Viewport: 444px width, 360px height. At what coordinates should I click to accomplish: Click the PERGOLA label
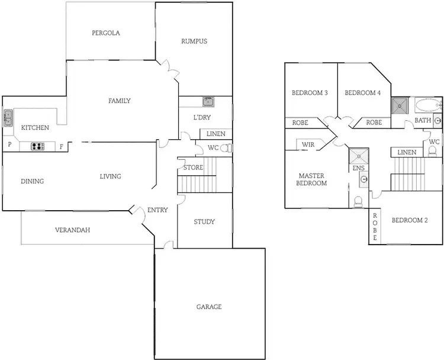coord(106,33)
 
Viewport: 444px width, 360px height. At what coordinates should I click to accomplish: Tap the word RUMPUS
coord(194,41)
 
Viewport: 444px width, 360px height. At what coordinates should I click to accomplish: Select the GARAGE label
coord(209,307)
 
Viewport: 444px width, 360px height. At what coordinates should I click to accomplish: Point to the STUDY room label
coord(204,222)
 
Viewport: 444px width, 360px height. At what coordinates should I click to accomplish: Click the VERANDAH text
coord(72,230)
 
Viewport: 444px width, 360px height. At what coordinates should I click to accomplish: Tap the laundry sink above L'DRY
coord(208,101)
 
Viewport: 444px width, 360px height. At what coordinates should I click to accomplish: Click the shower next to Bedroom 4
coord(400,105)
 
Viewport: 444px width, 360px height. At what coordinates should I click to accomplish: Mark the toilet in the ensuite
coord(358,202)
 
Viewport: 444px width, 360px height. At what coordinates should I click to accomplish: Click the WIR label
coord(308,144)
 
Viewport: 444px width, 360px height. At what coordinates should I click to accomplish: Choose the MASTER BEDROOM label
coord(313,179)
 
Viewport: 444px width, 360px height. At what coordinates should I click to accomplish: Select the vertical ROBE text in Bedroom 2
coord(375,227)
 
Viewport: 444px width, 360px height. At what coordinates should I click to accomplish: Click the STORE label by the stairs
coord(193,168)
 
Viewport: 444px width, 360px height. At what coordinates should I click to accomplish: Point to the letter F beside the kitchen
coord(61,146)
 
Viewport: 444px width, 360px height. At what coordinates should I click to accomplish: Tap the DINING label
coord(32,181)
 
